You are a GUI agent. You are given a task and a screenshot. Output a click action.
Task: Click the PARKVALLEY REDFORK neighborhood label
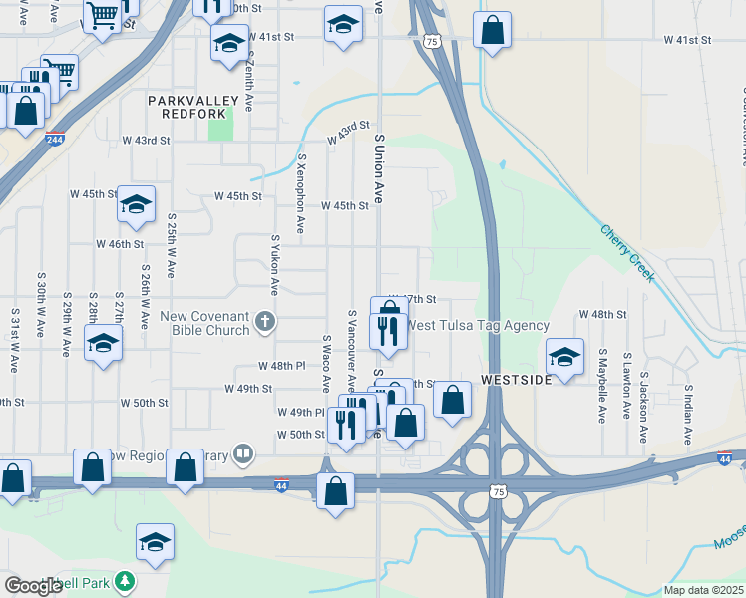193,107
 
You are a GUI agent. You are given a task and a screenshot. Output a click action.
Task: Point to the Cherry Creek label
627,253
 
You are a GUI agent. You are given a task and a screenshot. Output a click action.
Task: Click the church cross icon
264,321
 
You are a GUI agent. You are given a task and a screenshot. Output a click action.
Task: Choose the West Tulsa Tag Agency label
478,325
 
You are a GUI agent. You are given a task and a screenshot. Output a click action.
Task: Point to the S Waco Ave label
326,363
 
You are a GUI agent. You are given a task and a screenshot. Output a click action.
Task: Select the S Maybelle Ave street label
602,386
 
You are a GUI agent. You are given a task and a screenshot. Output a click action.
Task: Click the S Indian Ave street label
687,410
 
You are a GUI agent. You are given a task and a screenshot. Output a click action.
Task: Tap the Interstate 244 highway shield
54,140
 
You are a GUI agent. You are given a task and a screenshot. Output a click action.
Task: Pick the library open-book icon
241,455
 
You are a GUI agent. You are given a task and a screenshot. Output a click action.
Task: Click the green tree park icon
124,581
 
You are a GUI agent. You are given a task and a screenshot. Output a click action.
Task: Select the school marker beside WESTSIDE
564,357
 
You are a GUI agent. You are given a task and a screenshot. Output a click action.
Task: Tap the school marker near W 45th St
137,204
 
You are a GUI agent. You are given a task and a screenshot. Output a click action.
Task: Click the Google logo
32,586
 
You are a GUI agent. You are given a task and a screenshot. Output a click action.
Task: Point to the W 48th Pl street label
281,366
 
